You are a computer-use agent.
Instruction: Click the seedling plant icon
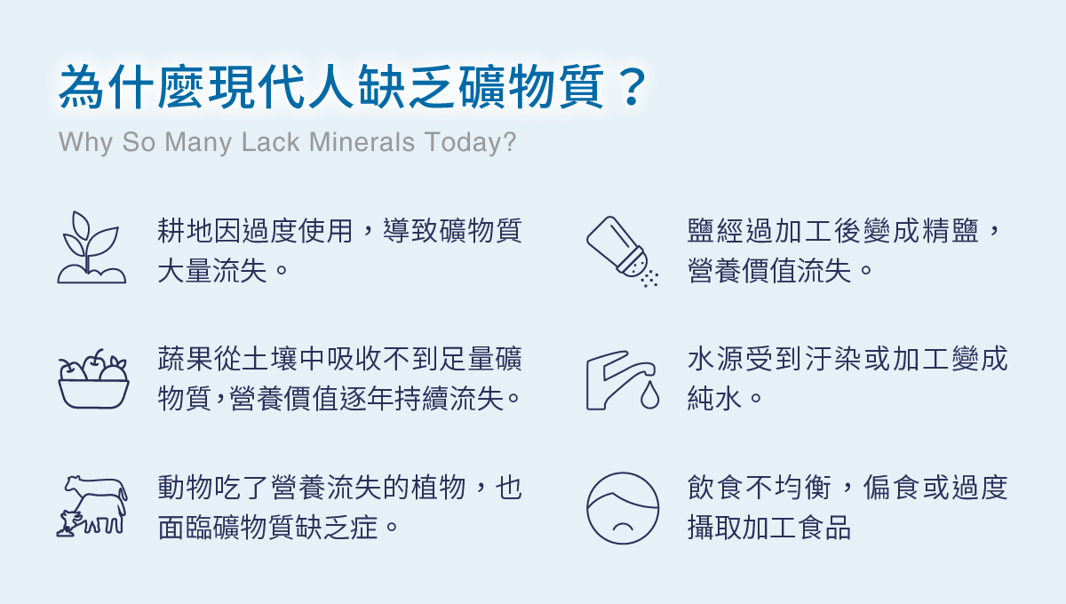click(91, 248)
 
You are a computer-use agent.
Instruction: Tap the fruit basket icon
click(93, 379)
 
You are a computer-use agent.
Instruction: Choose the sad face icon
click(623, 508)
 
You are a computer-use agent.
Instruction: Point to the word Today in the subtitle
click(469, 142)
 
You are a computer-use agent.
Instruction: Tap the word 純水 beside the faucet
click(714, 399)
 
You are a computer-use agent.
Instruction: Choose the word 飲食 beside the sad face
click(714, 488)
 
